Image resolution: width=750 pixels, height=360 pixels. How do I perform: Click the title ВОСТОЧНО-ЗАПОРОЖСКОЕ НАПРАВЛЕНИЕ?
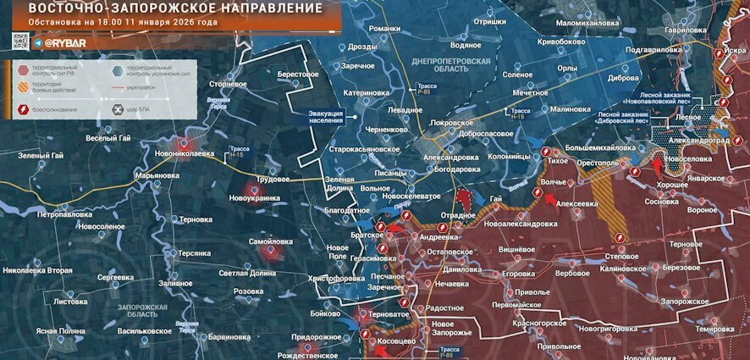pos(175,8)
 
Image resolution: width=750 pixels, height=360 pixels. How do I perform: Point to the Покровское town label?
pos(433,122)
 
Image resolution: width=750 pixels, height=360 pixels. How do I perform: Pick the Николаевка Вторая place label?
pos(37,270)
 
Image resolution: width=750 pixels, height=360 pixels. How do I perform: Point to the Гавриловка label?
pos(685,30)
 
